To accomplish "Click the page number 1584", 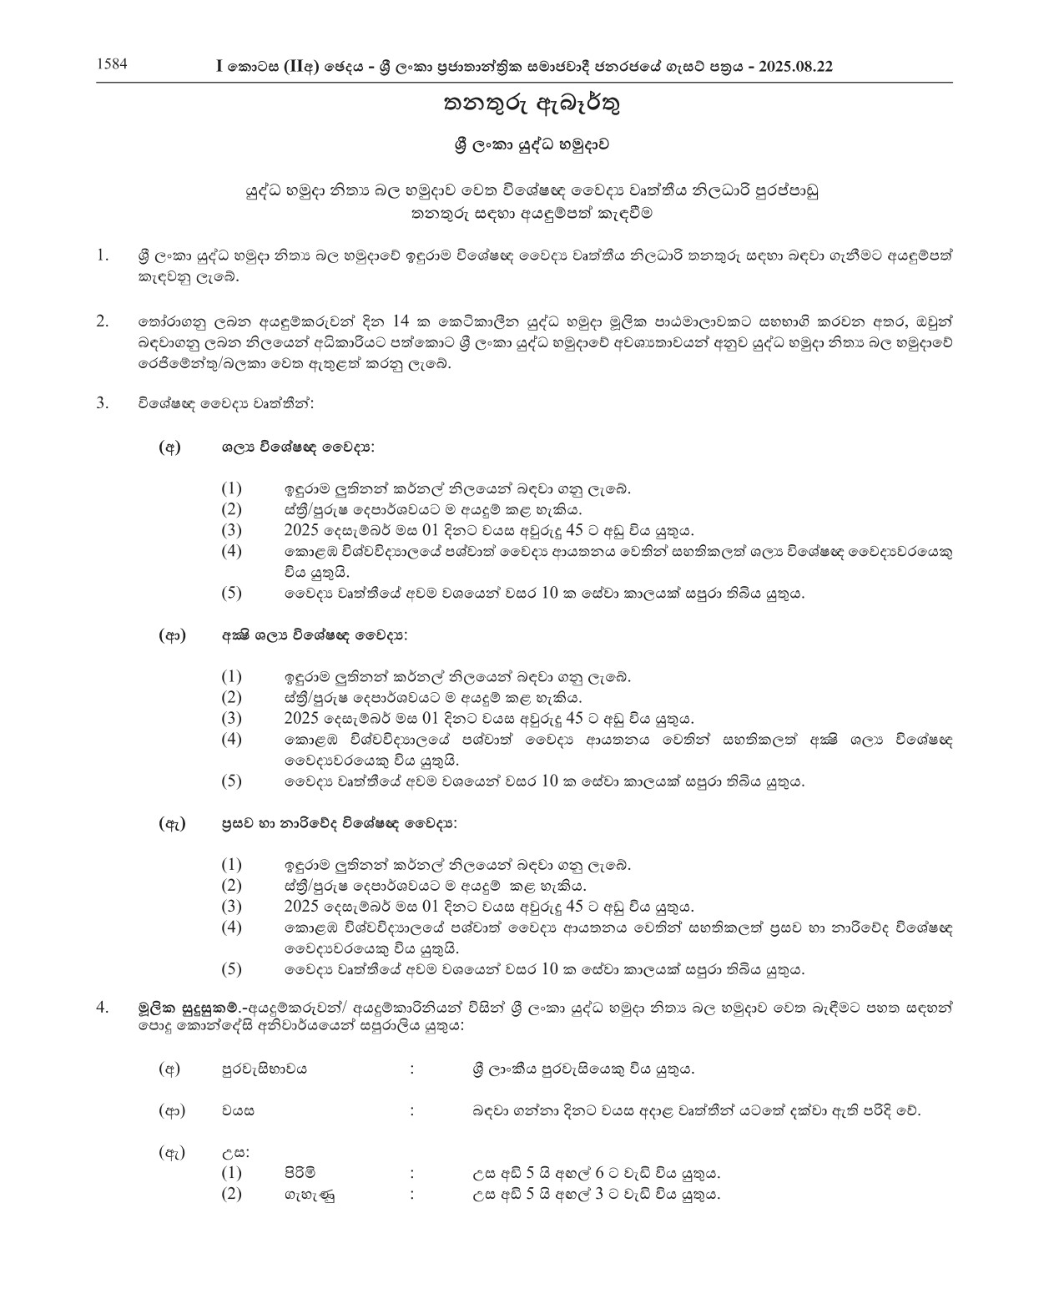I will point(112,64).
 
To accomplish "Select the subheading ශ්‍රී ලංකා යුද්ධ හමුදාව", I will point(532,144).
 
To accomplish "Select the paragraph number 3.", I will point(103,403).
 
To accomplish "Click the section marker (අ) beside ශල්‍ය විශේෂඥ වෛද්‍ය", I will point(170,447).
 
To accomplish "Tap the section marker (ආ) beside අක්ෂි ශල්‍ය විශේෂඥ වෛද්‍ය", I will point(172,635).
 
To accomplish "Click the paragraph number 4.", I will point(103,1008).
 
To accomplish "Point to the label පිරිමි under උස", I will point(300,1173).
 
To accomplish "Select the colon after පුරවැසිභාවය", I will point(412,1069).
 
